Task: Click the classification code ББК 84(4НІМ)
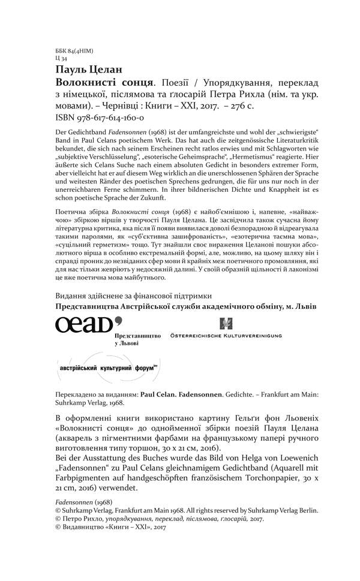[73, 52]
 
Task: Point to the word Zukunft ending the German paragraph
[150, 198]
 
